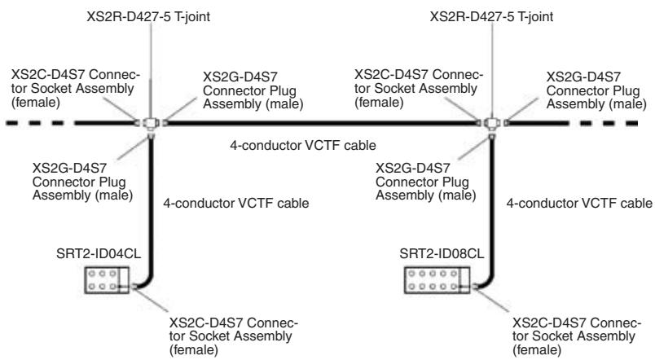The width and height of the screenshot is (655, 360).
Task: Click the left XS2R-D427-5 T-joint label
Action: (x=148, y=17)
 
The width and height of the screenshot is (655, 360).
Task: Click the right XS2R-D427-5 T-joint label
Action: (x=492, y=17)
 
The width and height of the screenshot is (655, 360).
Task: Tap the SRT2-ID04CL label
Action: (x=99, y=253)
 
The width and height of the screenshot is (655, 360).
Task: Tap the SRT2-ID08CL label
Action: (x=442, y=253)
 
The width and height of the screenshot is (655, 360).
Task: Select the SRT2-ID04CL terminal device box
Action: (x=107, y=280)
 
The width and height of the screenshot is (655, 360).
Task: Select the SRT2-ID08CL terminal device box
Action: (x=437, y=280)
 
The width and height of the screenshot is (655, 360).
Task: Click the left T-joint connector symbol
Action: (x=151, y=124)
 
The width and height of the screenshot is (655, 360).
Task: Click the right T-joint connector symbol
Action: (x=492, y=124)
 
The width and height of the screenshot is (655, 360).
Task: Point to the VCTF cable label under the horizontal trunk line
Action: (x=303, y=145)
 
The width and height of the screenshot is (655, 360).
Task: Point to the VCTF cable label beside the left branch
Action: (x=236, y=203)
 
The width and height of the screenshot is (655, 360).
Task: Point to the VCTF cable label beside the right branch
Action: (x=579, y=203)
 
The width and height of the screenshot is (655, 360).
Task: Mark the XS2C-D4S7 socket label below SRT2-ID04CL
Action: (x=234, y=336)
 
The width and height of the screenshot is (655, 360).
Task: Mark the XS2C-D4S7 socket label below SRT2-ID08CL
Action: (x=577, y=336)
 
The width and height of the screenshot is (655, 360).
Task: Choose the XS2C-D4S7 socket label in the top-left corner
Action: (x=76, y=88)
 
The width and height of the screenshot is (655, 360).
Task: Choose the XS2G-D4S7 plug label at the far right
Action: (x=596, y=90)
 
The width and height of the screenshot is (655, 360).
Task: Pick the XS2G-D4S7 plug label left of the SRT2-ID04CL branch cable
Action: (x=83, y=182)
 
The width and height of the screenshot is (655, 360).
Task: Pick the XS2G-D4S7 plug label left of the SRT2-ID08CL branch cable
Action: (x=426, y=182)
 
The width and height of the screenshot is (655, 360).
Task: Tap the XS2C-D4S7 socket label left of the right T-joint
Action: (x=419, y=88)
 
